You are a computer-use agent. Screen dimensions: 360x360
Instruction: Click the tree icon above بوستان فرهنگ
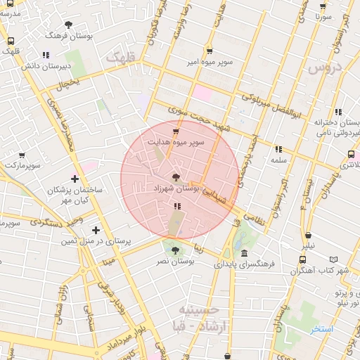tap(68, 25)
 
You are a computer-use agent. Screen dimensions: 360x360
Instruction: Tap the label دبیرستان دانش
tap(46, 65)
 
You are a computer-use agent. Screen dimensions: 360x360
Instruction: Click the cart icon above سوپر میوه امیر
tap(210, 51)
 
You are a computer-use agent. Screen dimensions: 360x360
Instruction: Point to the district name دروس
tap(324, 67)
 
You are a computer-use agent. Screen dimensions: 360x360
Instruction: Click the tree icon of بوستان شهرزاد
tap(175, 177)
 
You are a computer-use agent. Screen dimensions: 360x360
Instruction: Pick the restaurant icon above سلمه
tap(279, 149)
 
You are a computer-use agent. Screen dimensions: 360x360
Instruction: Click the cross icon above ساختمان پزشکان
tap(75, 179)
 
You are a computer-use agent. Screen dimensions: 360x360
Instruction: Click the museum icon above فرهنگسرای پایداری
tap(243, 253)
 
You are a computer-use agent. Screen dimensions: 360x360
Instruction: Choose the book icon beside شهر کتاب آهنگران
tap(302, 259)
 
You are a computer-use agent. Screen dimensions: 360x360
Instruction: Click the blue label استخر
tap(323, 328)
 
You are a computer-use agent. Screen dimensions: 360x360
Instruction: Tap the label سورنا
tap(323, 15)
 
